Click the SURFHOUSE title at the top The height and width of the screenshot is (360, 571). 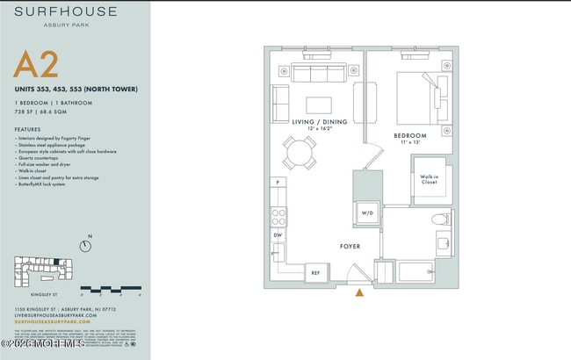64,12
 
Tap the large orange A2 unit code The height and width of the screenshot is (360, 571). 37,66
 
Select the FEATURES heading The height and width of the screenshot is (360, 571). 27,128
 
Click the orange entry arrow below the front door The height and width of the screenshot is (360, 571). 358,293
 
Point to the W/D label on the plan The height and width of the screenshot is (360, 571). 368,213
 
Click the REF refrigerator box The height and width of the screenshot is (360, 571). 316,274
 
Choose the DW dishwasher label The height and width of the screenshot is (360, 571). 278,235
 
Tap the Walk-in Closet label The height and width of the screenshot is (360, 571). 429,180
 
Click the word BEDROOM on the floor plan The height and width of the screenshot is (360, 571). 409,135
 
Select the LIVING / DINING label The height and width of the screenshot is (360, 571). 319,122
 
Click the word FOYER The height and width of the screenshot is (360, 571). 351,247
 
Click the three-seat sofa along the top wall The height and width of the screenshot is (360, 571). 320,72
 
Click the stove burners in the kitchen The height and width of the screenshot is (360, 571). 278,214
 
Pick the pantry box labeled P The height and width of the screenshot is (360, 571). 278,182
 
